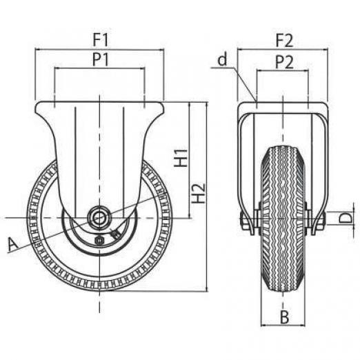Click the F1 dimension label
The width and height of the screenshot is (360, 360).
[101, 40]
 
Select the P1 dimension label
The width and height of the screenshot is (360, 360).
[101, 60]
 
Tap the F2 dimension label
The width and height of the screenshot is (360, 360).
[285, 41]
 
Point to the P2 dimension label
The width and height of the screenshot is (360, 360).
[285, 62]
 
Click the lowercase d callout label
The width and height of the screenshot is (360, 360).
[223, 59]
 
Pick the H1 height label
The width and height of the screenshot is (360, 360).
[181, 158]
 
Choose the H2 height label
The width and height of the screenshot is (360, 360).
[199, 193]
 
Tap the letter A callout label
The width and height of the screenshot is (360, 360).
[13, 244]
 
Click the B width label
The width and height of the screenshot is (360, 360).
[284, 317]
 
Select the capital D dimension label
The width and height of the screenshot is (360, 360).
[346, 218]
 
